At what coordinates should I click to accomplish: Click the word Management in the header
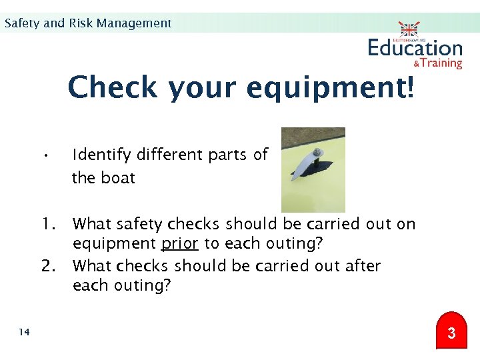tap(134, 23)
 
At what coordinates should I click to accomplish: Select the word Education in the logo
tap(415, 48)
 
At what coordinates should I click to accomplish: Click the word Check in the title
tap(113, 87)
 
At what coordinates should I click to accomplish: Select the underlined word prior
tap(180, 243)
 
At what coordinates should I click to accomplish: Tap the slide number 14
tap(24, 332)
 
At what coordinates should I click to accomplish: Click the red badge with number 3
tap(451, 331)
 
